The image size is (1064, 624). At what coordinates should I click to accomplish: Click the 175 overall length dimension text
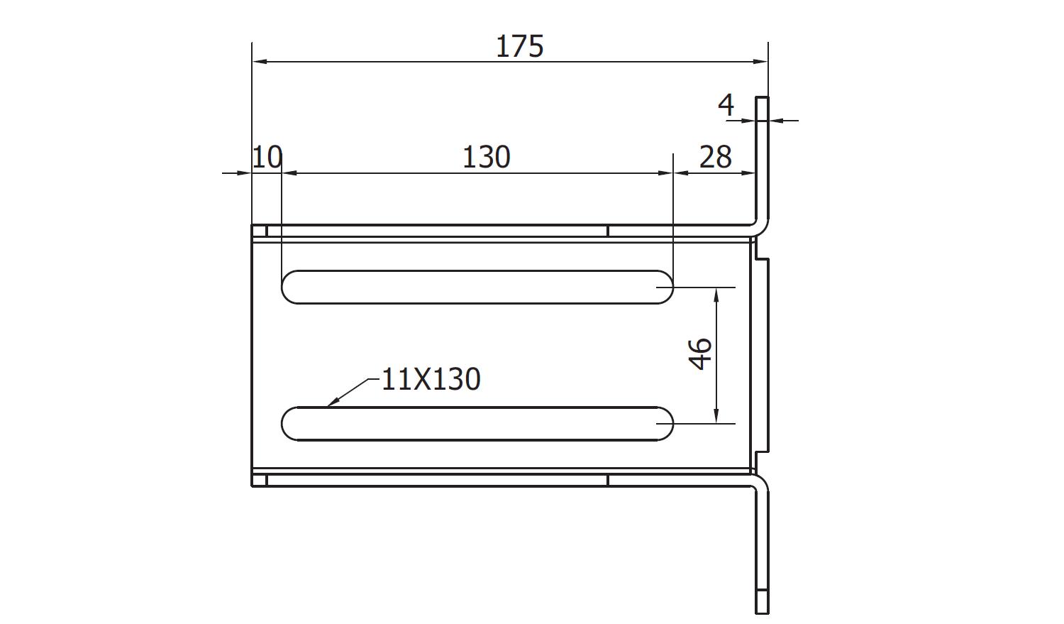point(519,47)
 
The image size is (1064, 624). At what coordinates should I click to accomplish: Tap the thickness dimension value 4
point(726,105)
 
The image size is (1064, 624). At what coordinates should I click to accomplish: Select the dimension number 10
point(267,157)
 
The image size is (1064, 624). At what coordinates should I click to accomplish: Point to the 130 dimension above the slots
point(487,158)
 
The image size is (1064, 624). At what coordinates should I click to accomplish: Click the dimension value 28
point(715,158)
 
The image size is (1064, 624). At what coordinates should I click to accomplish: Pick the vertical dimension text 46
point(700,354)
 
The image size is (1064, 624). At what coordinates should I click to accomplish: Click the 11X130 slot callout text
point(431,379)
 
